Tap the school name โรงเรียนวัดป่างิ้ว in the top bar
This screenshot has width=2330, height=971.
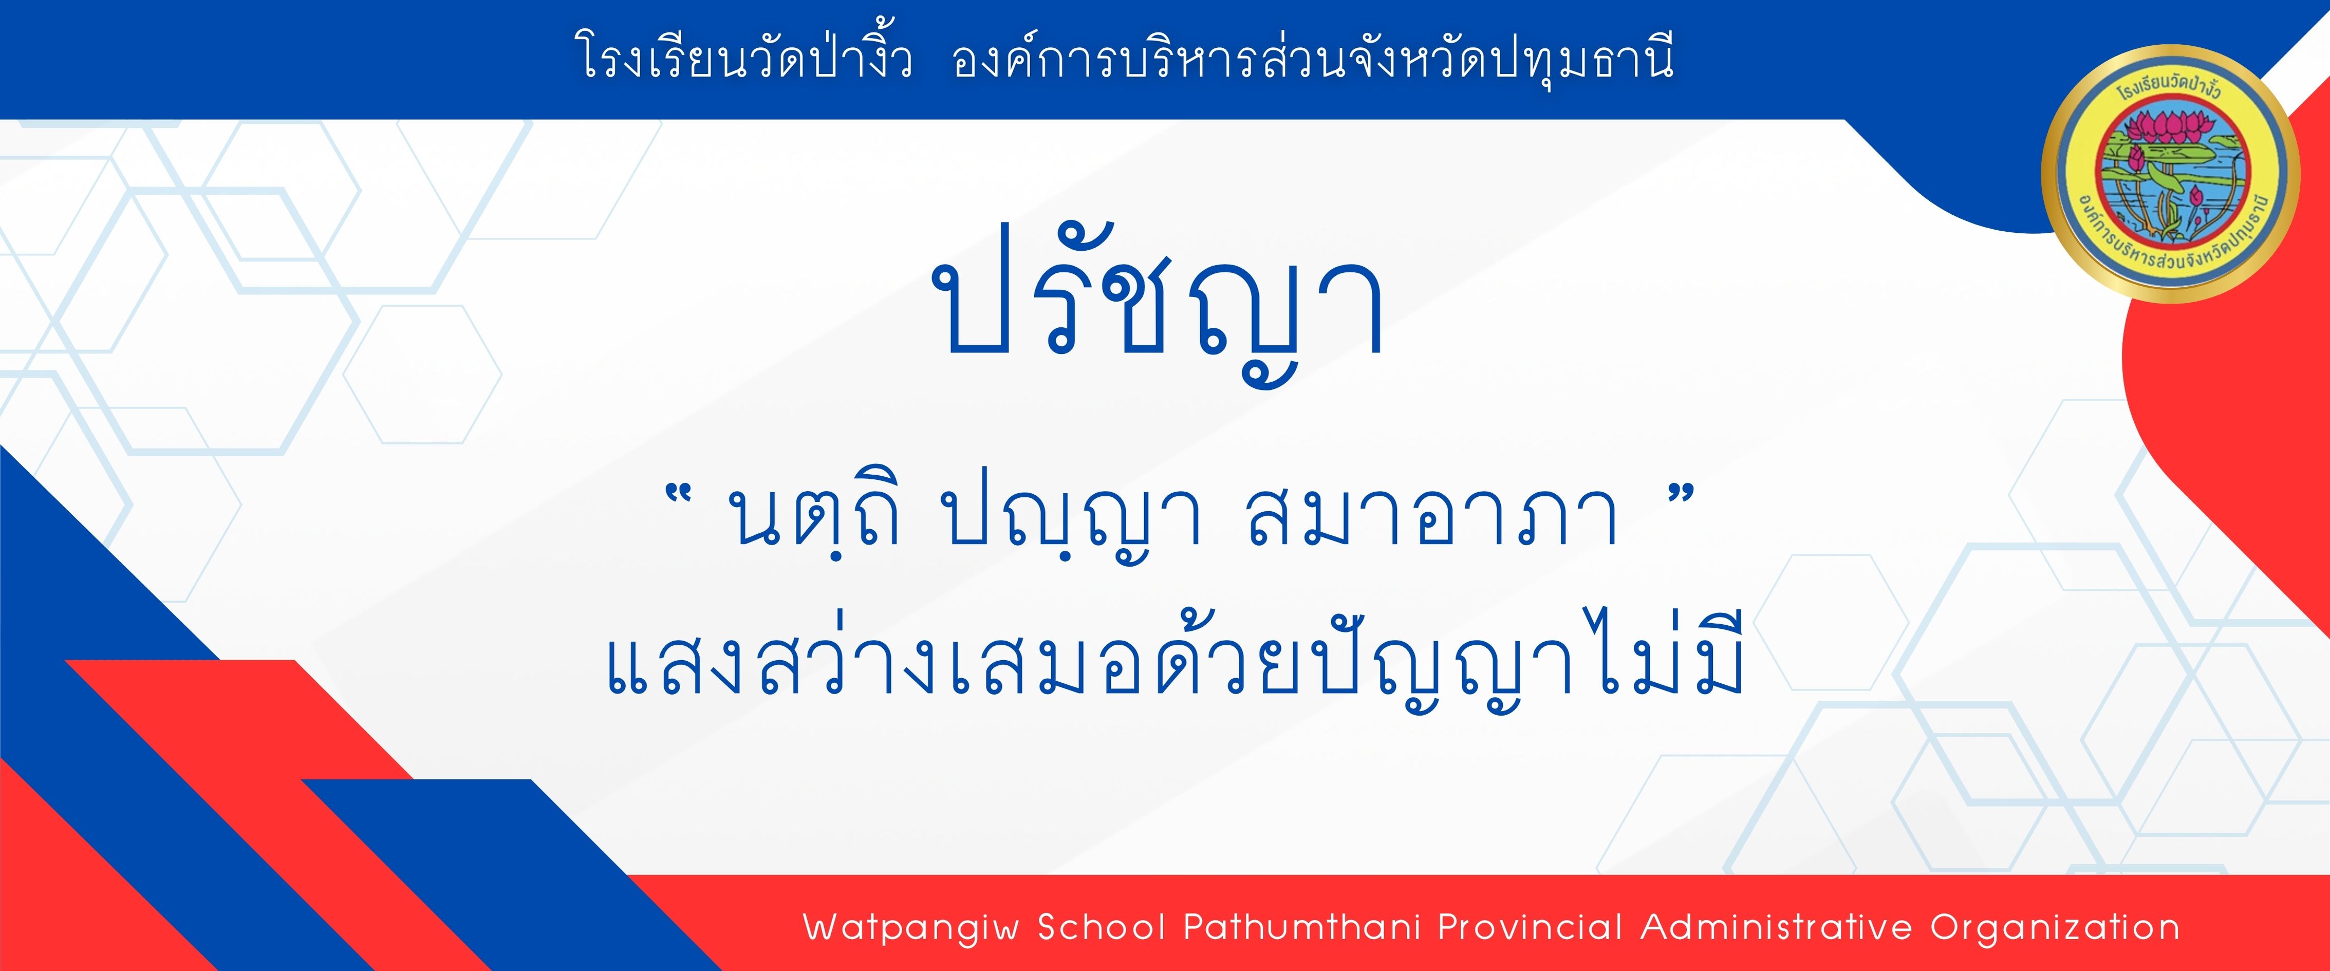(x=743, y=59)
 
